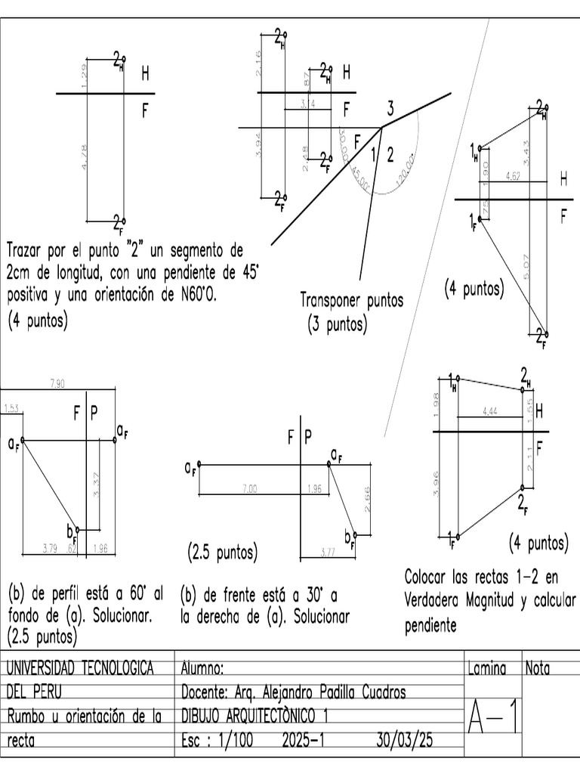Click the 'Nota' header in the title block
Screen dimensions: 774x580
[x=538, y=668]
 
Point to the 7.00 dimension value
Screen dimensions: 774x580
[x=250, y=489]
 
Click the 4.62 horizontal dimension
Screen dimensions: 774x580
[x=514, y=176]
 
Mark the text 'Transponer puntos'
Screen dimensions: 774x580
[x=351, y=300]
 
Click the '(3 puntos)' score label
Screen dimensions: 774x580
[x=337, y=325]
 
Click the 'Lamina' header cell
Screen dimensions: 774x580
[x=486, y=668]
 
